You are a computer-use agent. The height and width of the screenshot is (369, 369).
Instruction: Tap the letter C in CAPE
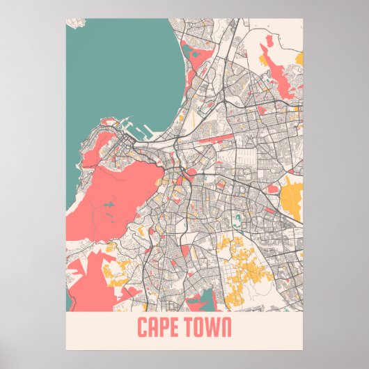coord(142,327)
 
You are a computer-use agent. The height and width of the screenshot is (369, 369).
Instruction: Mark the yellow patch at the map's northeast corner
coord(298,56)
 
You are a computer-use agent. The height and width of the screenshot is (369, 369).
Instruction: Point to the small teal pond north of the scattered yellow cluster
coord(237,223)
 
